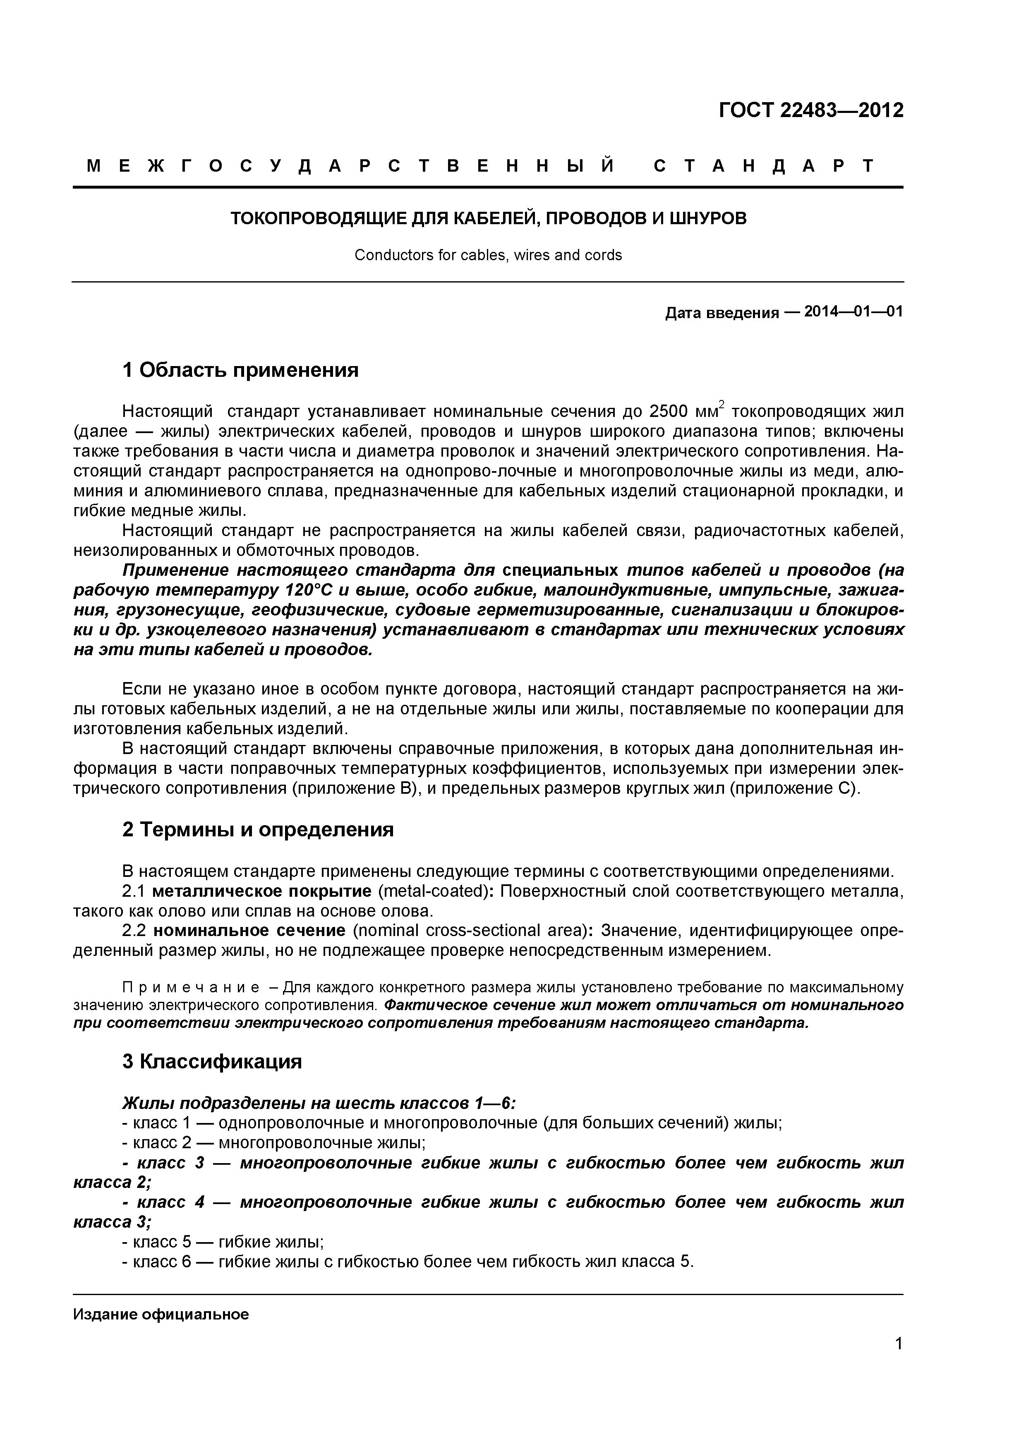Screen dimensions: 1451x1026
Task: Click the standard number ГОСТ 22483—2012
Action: (811, 110)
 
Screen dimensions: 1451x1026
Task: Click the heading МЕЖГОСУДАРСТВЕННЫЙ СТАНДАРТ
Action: (480, 166)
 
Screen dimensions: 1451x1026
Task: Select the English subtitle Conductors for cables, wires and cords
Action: (488, 255)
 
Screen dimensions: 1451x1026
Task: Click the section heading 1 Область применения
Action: (240, 370)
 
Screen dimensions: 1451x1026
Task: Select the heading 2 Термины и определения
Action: (258, 829)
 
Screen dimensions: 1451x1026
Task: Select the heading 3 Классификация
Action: (212, 1062)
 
